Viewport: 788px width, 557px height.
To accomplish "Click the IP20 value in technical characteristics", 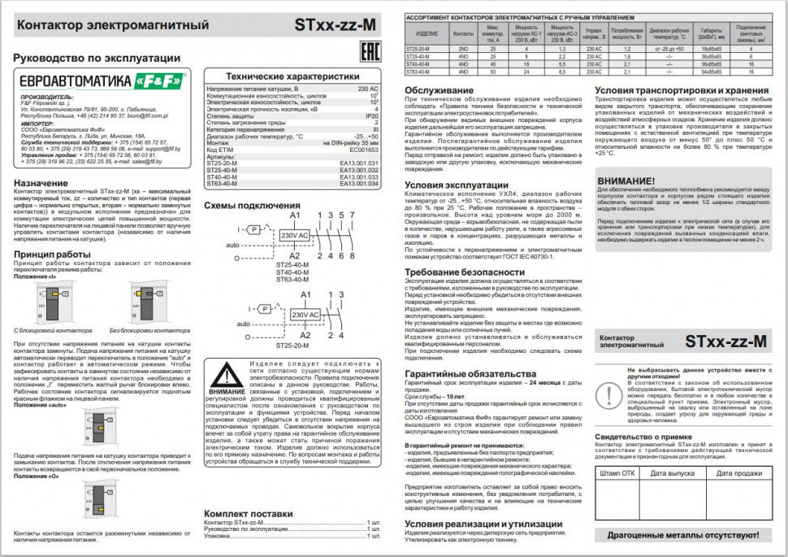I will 371,116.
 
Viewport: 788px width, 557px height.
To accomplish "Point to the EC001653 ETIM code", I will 364,150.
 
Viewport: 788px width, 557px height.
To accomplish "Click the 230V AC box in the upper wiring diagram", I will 293,235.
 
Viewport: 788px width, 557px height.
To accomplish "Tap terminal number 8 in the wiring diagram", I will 351,256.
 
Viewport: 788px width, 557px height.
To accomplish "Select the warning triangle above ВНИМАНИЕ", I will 226,374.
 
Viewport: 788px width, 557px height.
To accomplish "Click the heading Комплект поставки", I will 248,514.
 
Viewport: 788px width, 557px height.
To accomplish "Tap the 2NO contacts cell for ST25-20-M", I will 463,50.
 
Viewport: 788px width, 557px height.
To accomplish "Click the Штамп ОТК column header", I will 617,472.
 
